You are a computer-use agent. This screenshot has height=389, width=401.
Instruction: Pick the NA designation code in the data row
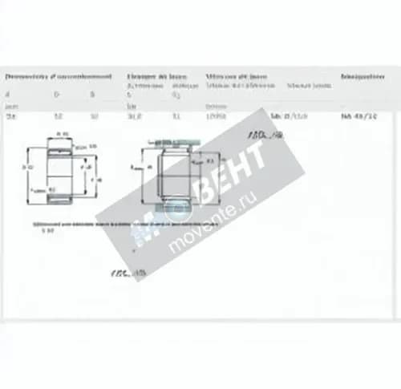(357, 117)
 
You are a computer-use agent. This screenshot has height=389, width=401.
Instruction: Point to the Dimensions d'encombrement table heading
(57, 77)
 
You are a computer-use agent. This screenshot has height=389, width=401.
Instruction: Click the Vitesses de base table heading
(237, 77)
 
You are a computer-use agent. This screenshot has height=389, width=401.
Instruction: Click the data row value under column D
(57, 117)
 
